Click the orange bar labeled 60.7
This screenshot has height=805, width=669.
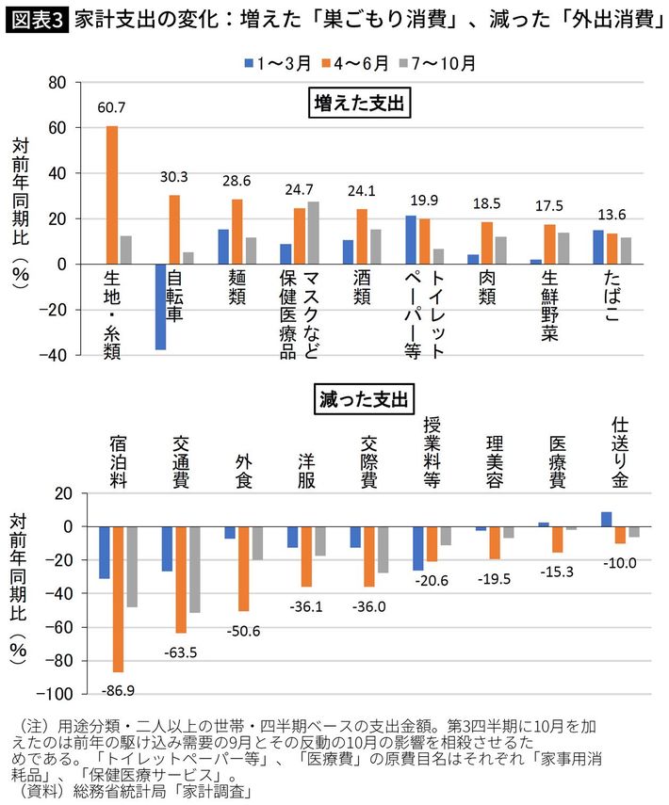112,195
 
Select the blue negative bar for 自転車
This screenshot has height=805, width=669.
161,307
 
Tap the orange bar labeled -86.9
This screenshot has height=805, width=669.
118,599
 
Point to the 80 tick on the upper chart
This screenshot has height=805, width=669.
56,82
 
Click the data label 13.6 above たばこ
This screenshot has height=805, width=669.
612,211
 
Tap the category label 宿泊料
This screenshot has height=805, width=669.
118,461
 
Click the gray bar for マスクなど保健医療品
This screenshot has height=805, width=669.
314,233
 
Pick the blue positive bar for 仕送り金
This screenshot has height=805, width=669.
606,519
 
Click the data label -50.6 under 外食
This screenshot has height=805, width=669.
242,629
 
